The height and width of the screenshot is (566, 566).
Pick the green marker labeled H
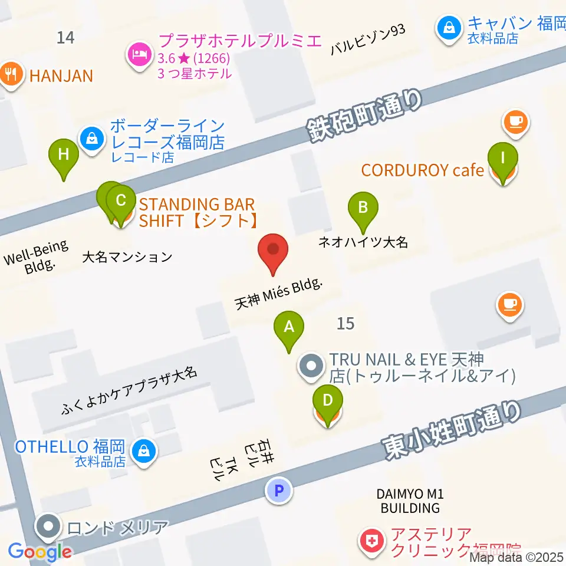coord(64,157)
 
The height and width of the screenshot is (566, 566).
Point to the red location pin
coord(274,252)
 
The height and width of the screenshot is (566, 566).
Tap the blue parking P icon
coord(279,490)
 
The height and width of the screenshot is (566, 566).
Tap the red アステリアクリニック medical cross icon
coord(371,541)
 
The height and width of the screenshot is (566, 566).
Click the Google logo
coord(40,552)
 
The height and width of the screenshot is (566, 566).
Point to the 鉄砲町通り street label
coord(365,116)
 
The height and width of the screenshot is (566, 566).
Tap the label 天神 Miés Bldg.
coord(279,294)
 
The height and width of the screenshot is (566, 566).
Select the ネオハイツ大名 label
coord(363,242)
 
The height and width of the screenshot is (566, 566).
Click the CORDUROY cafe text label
coord(422,170)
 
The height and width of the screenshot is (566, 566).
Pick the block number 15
coord(346,323)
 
